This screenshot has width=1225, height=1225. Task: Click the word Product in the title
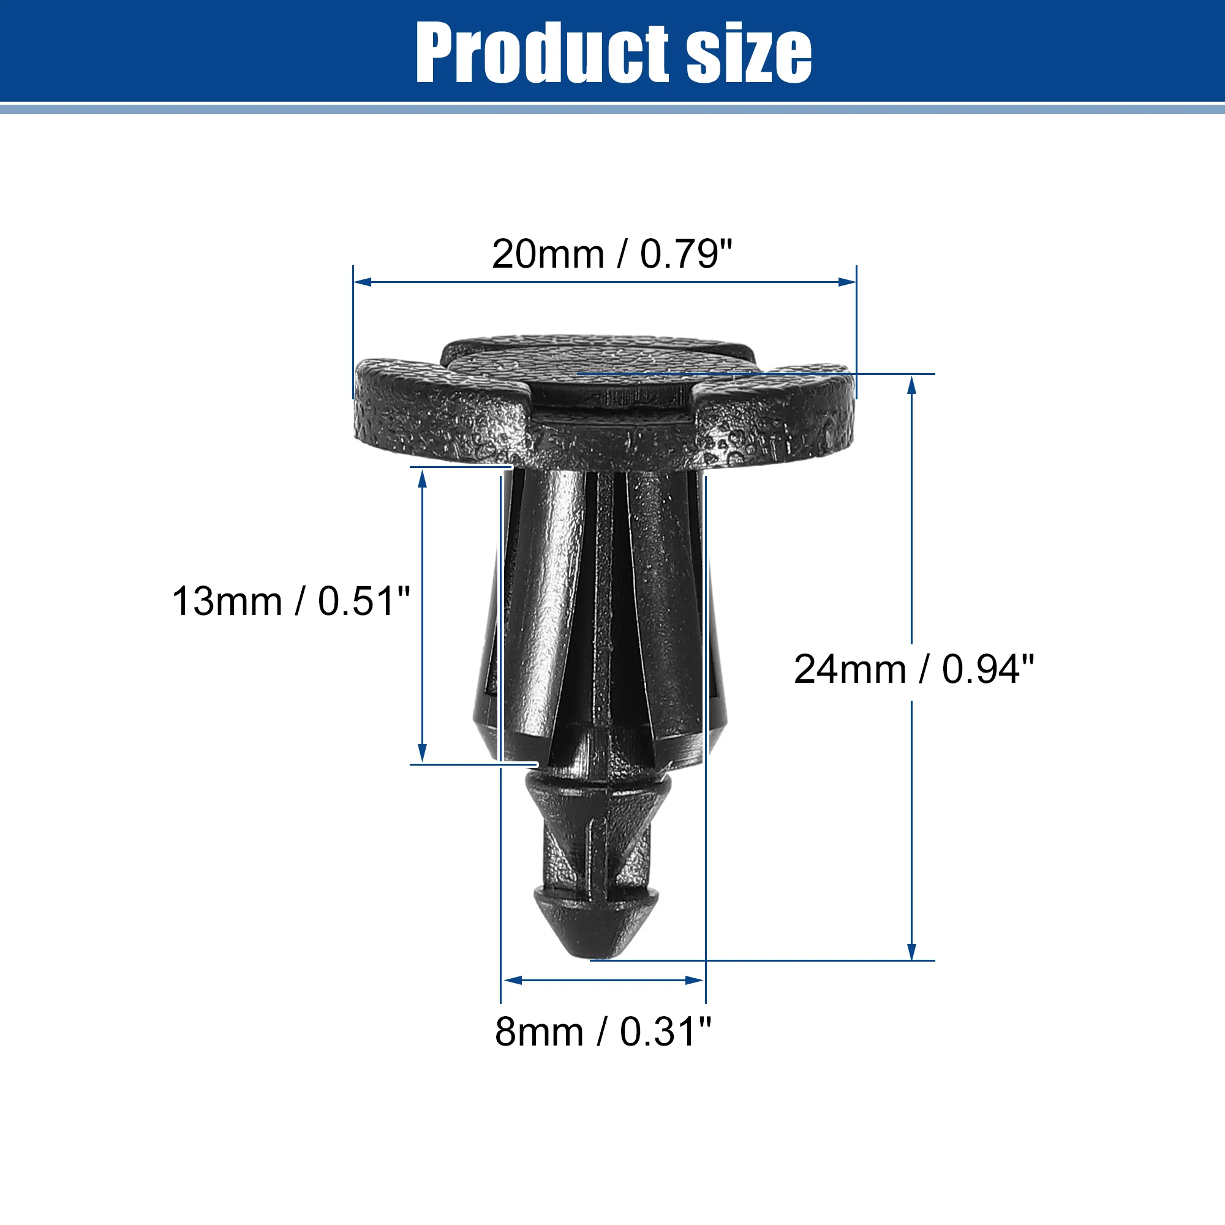coord(542,53)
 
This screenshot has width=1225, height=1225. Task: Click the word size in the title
coord(748,53)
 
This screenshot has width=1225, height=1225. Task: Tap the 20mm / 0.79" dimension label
coord(612,254)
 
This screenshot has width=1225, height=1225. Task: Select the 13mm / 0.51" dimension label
coord(291,601)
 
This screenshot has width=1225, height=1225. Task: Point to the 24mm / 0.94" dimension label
coord(914,669)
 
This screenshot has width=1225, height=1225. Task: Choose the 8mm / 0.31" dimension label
coord(603,1031)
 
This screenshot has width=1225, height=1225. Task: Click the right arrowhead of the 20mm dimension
coord(847,282)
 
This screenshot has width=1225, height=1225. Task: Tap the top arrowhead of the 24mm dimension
coord(912,385)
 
